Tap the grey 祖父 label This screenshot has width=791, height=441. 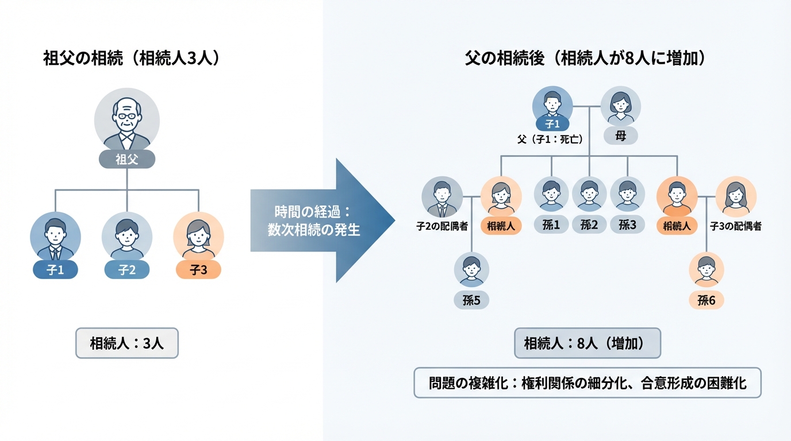[127, 159]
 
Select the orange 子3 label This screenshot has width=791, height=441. [198, 270]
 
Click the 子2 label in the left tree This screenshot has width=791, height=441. [127, 270]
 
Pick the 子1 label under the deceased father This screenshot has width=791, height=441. [552, 123]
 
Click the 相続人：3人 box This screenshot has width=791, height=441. [127, 343]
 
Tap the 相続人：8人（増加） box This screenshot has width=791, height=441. [588, 343]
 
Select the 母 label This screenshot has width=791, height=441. [621, 136]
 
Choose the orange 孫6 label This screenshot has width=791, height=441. [706, 300]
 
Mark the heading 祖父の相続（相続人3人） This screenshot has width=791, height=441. [132, 59]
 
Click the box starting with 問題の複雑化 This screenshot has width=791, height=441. [588, 383]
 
